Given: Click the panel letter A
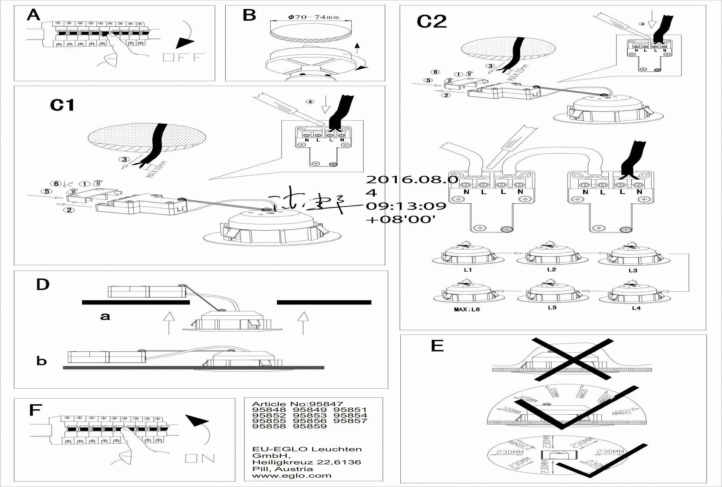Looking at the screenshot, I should point(34,16).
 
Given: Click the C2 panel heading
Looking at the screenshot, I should point(432,22).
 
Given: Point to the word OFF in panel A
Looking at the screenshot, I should point(184,57).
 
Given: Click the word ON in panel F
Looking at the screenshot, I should point(200,458).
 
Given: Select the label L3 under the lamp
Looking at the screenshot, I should point(632,270).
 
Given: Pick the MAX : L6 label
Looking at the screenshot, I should point(467,310).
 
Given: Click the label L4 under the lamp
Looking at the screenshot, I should point(636,308).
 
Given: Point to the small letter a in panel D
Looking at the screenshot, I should point(105,316).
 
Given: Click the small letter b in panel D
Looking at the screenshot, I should point(42,361).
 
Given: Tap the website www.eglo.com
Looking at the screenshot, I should point(292,475).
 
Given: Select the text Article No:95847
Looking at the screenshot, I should point(297,404).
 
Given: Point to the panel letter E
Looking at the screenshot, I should point(437,346).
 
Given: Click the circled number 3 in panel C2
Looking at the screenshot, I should point(490,66).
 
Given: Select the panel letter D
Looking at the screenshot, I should point(43,285).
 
